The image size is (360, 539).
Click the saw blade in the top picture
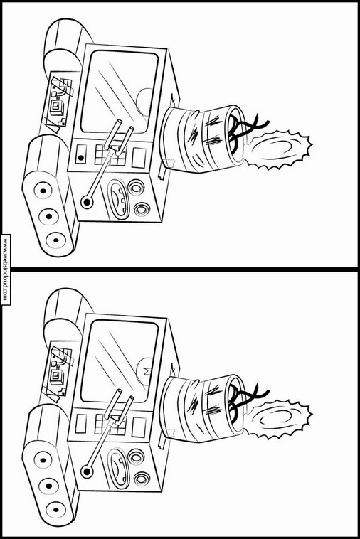tap(277, 150)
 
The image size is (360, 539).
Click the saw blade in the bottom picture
tap(277, 420)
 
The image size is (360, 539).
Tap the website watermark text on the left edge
tap(5, 269)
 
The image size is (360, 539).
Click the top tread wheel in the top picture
tap(43, 191)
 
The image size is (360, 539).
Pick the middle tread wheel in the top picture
tap(49, 216)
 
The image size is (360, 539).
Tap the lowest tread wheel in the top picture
tap(55, 240)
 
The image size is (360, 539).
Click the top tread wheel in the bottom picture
tap(43, 461)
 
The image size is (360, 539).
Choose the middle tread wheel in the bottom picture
tap(49, 486)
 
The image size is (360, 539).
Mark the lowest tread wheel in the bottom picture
tap(55, 510)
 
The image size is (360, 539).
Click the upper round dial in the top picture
tap(135, 188)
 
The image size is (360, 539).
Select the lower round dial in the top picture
tap(142, 209)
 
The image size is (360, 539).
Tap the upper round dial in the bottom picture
tap(135, 457)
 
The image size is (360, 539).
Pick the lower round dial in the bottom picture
tap(142, 479)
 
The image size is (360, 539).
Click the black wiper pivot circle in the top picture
tap(87, 202)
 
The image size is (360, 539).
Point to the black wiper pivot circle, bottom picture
tap(87, 471)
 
